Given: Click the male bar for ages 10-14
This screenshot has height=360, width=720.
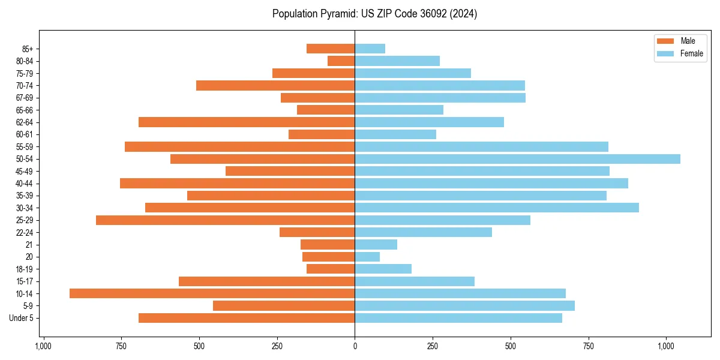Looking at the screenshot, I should point(212,293).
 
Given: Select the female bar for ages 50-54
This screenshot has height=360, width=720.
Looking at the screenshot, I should point(517,159).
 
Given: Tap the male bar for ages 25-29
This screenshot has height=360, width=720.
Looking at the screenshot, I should point(225,220).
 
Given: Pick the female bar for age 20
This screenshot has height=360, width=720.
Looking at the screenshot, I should point(367,257).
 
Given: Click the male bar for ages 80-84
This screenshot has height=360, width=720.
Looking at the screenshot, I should point(341,61).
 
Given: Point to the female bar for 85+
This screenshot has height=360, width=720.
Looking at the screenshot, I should point(370,49).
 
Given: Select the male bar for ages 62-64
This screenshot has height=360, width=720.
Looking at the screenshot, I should point(247,122).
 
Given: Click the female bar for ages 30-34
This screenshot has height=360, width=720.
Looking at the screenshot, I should point(497,208).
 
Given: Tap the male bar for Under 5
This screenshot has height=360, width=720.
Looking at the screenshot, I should point(247,318).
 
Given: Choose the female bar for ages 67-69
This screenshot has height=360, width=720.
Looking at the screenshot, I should point(440,98).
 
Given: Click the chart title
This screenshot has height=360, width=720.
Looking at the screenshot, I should point(374,14).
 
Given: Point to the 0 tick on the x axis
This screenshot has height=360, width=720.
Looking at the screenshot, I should point(355,346).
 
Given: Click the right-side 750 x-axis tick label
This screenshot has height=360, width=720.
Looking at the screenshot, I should point(589,346).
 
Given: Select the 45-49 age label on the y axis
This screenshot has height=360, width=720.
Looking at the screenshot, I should point(25,171).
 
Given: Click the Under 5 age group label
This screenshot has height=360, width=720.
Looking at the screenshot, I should point(22,318).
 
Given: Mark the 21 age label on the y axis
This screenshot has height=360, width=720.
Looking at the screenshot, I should point(29,245).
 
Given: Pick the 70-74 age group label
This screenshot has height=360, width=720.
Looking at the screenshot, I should point(25,85).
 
